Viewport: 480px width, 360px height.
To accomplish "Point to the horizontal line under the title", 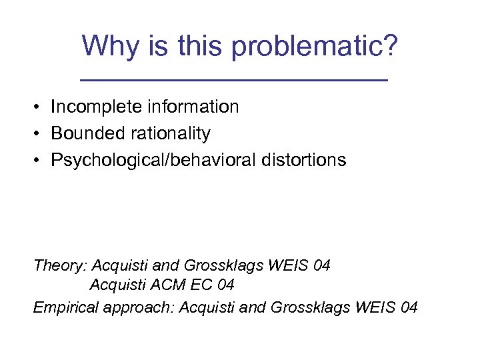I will (233, 80).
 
